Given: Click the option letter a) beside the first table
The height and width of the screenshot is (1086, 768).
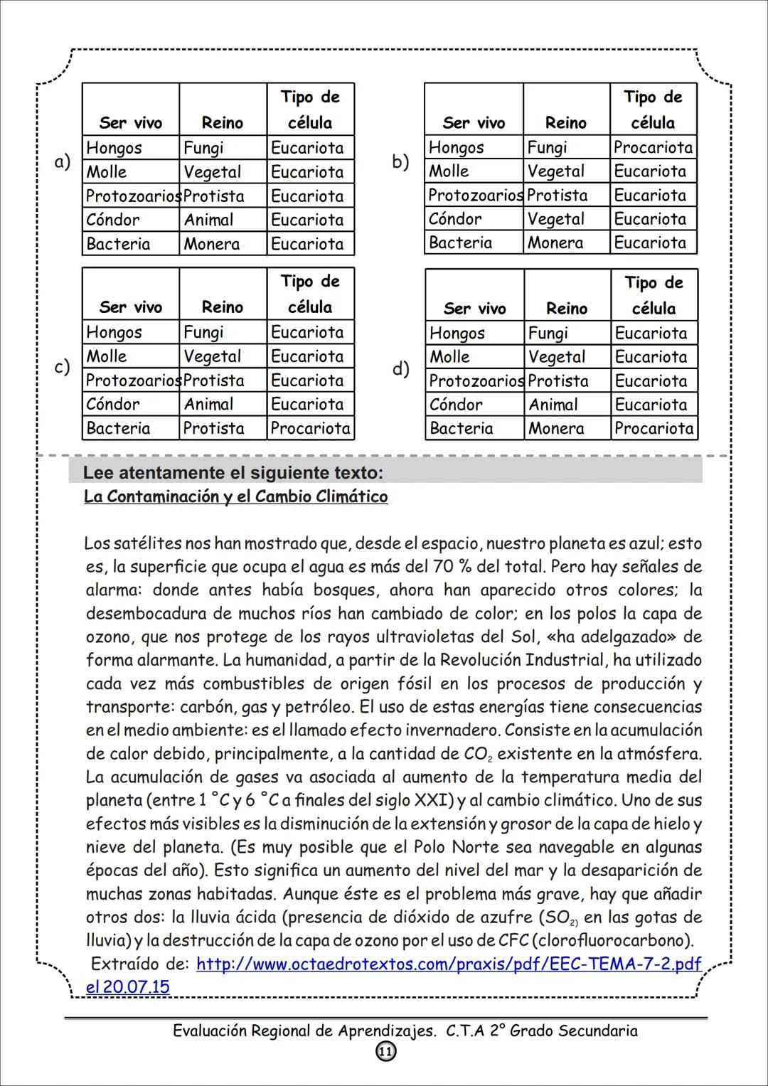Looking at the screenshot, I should coord(63,162).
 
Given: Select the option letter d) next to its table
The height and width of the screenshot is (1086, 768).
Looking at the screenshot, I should coord(400,369).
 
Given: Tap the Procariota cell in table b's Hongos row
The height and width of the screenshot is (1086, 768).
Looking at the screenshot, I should coord(653,147).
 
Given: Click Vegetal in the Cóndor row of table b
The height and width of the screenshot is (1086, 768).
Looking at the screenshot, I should coord(555,219).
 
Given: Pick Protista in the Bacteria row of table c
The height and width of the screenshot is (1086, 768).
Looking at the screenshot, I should coord(213,428).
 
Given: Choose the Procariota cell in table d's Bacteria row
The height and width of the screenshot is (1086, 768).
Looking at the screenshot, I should coord(654,428).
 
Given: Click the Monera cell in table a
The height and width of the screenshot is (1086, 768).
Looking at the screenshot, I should coord(211,244).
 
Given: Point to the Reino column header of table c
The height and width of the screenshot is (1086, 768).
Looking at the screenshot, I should coord(222,307).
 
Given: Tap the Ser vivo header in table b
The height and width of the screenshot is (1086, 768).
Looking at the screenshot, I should coord(474,123).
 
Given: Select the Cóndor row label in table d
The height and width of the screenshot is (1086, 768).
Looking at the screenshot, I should coord(455,405).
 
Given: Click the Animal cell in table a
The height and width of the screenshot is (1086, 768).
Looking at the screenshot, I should coord(208,220).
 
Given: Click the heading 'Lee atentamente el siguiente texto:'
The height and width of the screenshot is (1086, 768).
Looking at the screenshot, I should coord(233,472).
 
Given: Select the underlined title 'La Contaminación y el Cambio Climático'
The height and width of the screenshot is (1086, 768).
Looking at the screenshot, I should coord(235,496).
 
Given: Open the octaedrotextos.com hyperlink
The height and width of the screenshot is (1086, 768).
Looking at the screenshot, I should coord(448,964).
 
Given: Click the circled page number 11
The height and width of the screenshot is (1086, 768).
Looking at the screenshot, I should coord(385,1052).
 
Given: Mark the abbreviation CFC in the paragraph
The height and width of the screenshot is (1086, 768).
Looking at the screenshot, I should coord(513,940).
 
